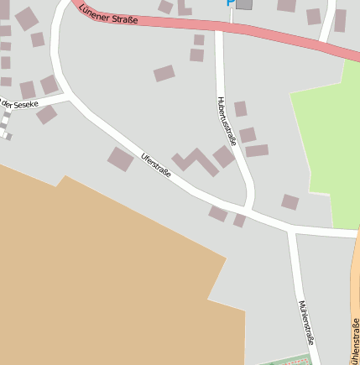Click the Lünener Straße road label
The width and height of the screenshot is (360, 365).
click(108, 14)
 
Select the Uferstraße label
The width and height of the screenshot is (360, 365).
click(156, 164)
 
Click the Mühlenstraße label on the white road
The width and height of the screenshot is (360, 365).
click(306, 323)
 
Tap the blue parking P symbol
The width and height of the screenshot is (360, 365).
click(230, 3)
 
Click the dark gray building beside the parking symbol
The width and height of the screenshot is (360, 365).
click(244, 4)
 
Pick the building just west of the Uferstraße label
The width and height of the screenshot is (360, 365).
click(121, 159)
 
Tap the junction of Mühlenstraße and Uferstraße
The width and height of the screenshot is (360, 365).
click(290, 228)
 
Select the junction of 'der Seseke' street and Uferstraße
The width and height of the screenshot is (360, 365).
click(65, 96)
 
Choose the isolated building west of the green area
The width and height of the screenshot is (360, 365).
click(290, 201)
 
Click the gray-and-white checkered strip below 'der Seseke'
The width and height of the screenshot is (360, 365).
click(5, 124)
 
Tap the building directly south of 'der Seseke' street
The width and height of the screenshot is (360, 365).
click(46, 114)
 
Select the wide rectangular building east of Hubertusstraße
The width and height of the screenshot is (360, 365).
click(257, 151)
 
